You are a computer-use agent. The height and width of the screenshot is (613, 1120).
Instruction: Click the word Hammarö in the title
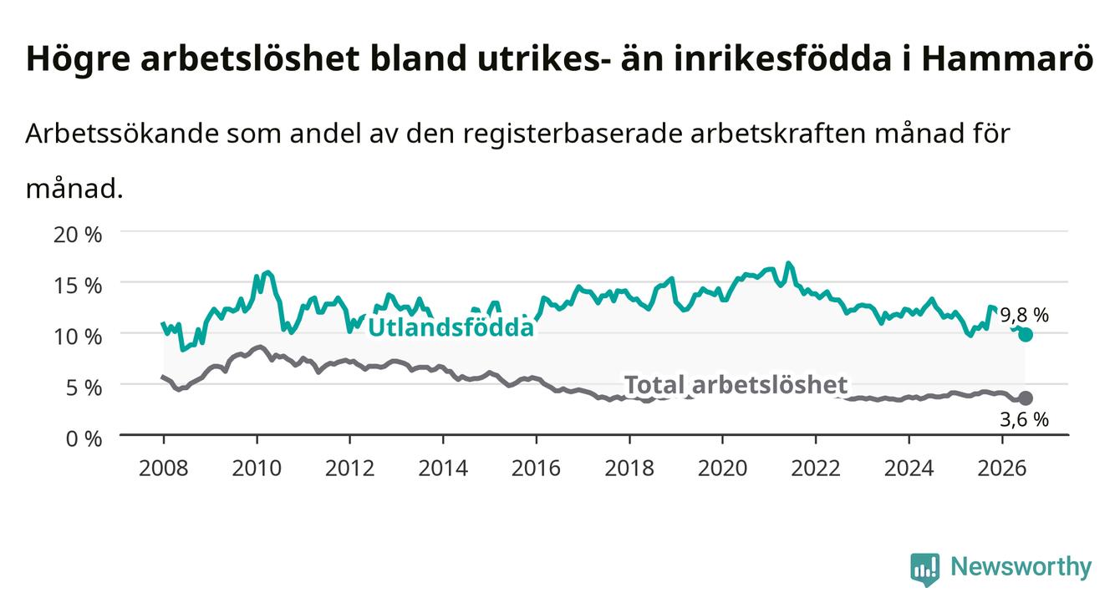pyautogui.click(x=1007, y=59)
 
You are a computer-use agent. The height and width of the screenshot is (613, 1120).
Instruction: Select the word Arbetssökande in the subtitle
pyautogui.click(x=122, y=134)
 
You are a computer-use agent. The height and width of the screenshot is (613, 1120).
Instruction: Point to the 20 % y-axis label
pyautogui.click(x=78, y=235)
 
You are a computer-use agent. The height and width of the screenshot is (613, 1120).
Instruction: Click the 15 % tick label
pyautogui.click(x=78, y=286)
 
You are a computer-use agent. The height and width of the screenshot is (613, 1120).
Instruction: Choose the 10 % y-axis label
pyautogui.click(x=78, y=337)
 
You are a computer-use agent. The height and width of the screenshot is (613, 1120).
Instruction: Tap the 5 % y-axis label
pyautogui.click(x=84, y=388)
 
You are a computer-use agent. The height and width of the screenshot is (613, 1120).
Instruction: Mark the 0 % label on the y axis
pyautogui.click(x=84, y=438)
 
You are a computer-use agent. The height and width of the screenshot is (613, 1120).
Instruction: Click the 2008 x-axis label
pyautogui.click(x=164, y=469)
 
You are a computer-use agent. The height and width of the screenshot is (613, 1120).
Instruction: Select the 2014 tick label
pyautogui.click(x=443, y=469)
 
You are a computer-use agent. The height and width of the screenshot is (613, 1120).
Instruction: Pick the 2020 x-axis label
pyautogui.click(x=722, y=469)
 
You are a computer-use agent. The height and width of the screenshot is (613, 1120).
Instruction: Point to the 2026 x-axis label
pyautogui.click(x=1002, y=469)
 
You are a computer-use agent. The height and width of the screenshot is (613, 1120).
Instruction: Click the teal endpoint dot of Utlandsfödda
pyautogui.click(x=1026, y=334)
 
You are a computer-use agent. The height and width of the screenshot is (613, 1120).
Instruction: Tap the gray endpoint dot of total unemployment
pyautogui.click(x=1026, y=398)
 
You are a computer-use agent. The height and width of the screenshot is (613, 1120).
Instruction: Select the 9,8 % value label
pyautogui.click(x=1025, y=315)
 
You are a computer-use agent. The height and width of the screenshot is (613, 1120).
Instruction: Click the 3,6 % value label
pyautogui.click(x=1025, y=419)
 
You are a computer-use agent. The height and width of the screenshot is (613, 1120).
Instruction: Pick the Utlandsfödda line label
pyautogui.click(x=451, y=327)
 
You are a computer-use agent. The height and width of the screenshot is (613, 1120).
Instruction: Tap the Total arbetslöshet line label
pyautogui.click(x=736, y=385)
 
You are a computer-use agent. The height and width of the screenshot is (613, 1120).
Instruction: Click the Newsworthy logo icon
pyautogui.click(x=925, y=569)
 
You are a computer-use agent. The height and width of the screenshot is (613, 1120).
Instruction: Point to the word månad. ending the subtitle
pyautogui.click(x=74, y=190)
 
